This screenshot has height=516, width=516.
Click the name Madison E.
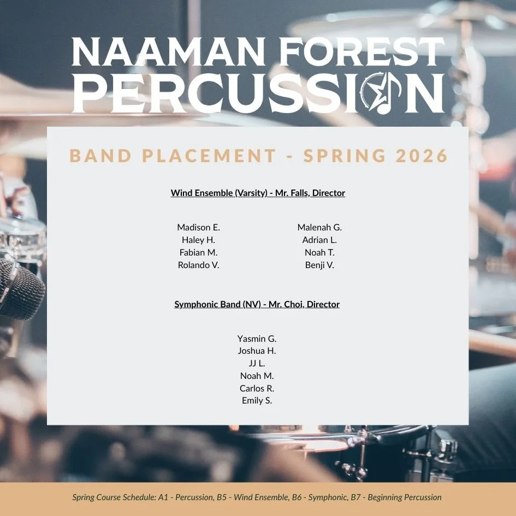(198, 227)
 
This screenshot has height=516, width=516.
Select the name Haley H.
(198, 240)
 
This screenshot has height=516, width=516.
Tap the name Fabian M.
(198, 252)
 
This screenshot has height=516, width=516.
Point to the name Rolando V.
(198, 265)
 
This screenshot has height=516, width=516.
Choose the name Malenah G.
(319, 227)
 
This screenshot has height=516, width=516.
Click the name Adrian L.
(319, 240)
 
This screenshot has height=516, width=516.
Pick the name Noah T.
(319, 252)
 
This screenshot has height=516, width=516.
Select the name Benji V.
(319, 265)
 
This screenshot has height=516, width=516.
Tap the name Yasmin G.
(257, 339)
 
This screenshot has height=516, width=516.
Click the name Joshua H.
(257, 351)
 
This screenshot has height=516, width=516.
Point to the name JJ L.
(257, 363)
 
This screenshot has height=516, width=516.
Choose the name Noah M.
(257, 376)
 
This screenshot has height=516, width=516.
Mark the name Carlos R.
(257, 388)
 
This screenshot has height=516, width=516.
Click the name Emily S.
(257, 401)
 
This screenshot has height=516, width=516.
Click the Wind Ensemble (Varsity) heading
(258, 193)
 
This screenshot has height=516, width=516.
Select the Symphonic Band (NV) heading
(257, 304)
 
